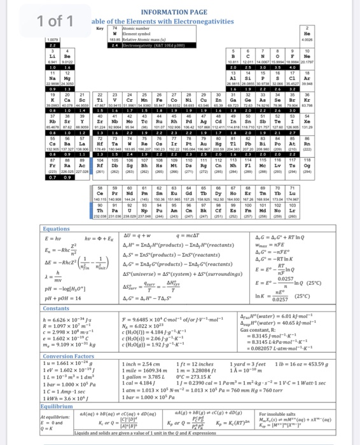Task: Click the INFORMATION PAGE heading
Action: [202, 11]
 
